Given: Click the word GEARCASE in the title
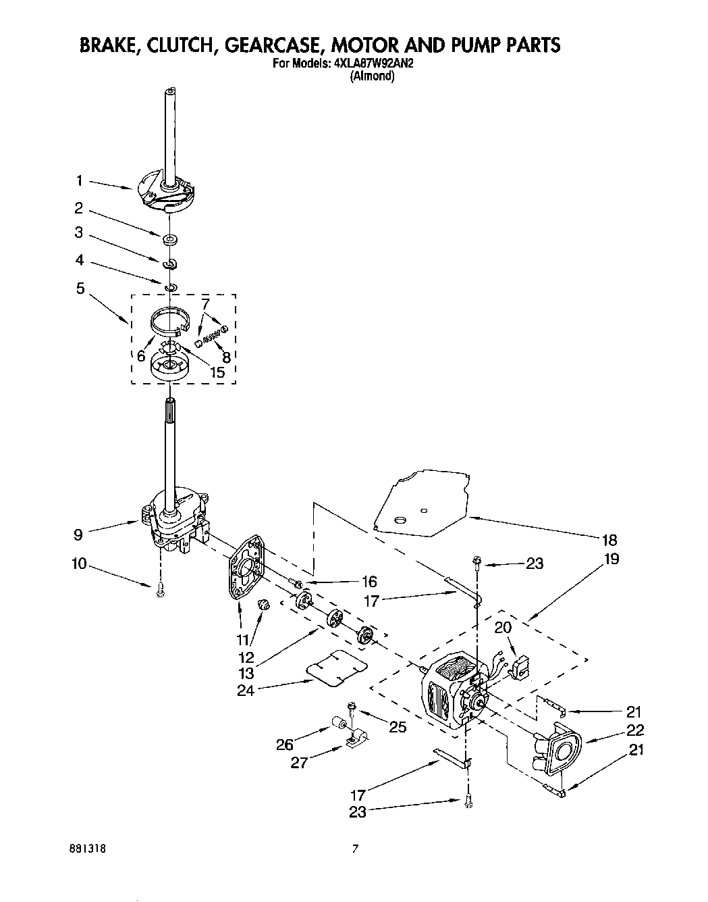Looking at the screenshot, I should (264, 45).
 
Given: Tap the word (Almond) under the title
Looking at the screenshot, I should (372, 77).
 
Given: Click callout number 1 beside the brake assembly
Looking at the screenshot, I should (79, 180).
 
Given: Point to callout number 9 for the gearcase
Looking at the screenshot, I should (79, 534).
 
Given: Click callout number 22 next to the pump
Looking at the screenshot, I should (634, 730).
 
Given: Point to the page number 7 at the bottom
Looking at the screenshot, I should (354, 849).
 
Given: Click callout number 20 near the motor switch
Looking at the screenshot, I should (503, 628).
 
